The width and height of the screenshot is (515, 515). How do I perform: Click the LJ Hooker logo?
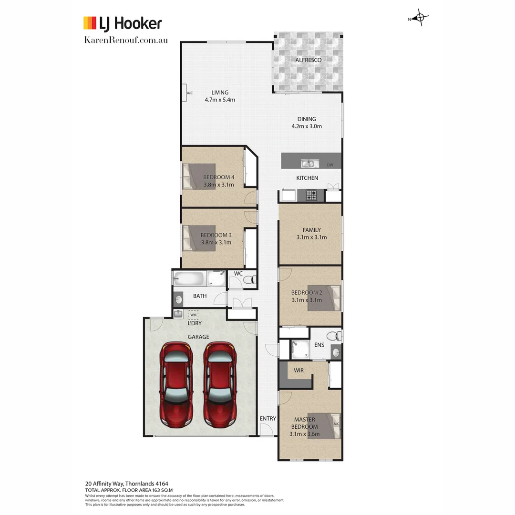(x=123, y=23)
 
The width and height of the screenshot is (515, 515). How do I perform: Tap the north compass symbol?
(x=420, y=19)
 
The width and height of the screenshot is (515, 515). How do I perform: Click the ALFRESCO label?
(x=308, y=60)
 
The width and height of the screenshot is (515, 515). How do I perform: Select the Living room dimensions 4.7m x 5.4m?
(x=220, y=100)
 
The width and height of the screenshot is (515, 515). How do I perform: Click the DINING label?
(x=307, y=119)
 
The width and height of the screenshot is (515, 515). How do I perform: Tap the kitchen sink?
(x=308, y=164)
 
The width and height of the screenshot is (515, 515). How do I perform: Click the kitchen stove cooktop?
(x=312, y=195)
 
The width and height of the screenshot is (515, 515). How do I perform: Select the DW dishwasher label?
(x=330, y=165)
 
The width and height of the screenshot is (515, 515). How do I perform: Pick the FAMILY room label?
(x=311, y=230)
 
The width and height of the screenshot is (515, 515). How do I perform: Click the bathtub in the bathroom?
(x=189, y=278)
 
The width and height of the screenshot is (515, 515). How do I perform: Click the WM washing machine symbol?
(x=193, y=315)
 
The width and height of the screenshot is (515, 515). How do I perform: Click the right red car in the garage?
(x=220, y=384)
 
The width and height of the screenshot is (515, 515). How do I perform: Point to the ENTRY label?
(x=268, y=419)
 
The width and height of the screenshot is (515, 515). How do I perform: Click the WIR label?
(x=299, y=370)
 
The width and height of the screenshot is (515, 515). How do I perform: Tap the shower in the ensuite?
(x=300, y=349)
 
